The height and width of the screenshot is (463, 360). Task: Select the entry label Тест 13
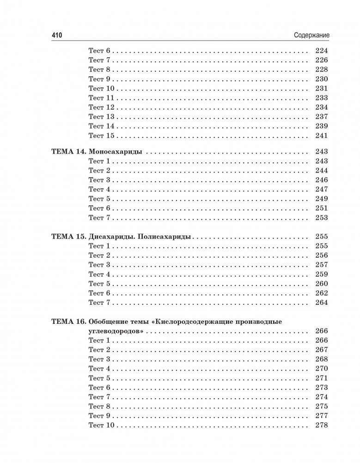tap(101, 117)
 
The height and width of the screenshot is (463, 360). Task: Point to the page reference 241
tap(321, 136)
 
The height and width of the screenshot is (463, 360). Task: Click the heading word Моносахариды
tap(115, 152)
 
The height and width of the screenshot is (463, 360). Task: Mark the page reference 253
tap(321, 218)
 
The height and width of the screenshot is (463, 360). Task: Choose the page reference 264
tap(321, 302)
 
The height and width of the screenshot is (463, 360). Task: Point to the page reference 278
tap(321, 425)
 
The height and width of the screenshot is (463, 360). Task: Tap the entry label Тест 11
tap(101, 98)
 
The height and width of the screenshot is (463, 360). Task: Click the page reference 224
tap(321, 50)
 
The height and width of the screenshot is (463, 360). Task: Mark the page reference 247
tap(321, 189)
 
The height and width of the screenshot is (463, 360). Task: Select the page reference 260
tap(321, 284)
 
